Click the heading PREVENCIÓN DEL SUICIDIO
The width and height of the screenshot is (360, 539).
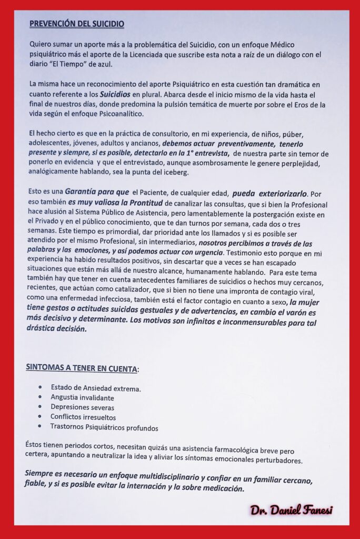click(x=77, y=24)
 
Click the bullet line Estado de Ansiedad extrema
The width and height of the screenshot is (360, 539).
click(x=96, y=388)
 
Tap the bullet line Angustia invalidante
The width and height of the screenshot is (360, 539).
click(x=84, y=397)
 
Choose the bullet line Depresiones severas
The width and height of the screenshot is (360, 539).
click(x=82, y=407)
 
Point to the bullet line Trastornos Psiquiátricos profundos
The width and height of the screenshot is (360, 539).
click(x=104, y=427)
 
